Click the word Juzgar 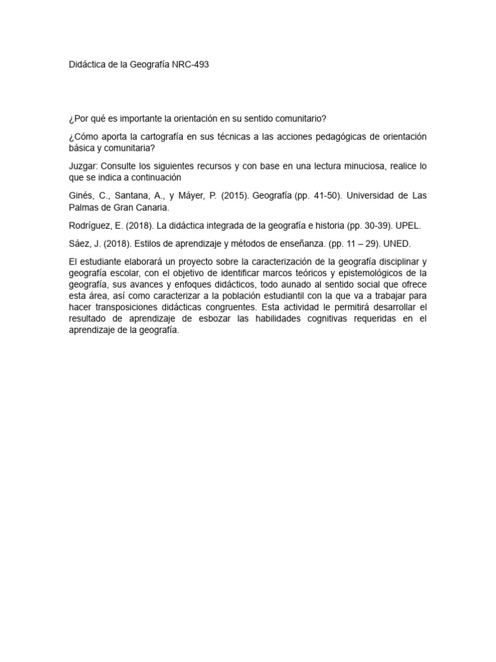[83, 166]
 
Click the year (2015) [234, 195]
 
